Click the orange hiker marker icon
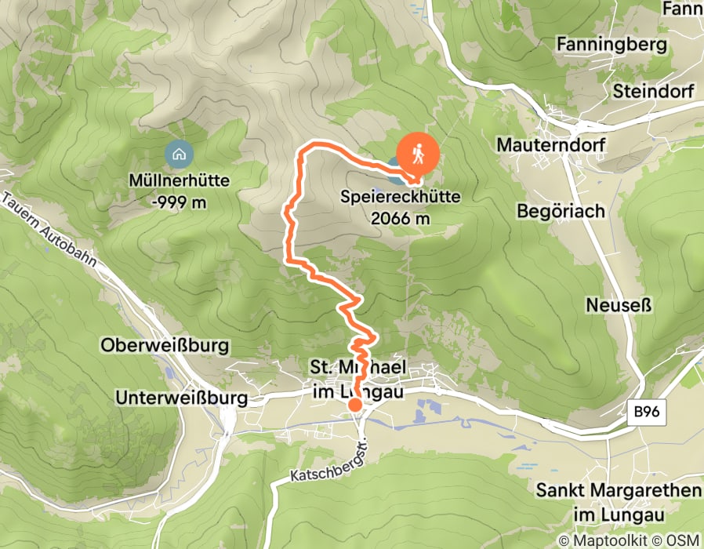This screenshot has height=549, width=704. [418, 154]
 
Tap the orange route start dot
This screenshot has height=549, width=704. [354, 405]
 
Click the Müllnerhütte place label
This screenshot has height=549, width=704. [180, 180]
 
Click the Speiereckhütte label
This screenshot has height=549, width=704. [400, 199]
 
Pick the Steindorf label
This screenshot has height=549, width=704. [654, 91]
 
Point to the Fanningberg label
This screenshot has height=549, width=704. [611, 45]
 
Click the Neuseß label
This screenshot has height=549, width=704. [617, 304]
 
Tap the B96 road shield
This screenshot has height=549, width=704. [648, 411]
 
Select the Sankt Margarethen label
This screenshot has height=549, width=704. [618, 491]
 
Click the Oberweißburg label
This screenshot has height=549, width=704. [164, 345]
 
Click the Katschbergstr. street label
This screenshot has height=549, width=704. [327, 464]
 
